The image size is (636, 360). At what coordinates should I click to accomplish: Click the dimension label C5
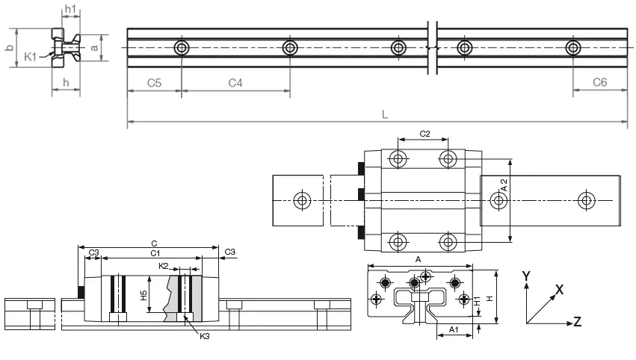pyautogui.click(x=153, y=83)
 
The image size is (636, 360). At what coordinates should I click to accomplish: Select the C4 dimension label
pyautogui.click(x=235, y=83)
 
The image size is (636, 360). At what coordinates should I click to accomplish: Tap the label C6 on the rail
pyautogui.click(x=599, y=83)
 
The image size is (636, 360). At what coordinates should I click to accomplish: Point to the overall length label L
pyautogui.click(x=384, y=115)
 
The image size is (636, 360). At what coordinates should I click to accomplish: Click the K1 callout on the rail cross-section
pyautogui.click(x=31, y=56)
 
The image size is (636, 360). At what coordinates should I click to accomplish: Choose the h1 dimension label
pyautogui.click(x=70, y=9)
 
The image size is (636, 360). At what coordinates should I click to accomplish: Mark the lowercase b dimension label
pyautogui.click(x=9, y=49)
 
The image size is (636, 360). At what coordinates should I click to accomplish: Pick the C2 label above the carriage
pyautogui.click(x=424, y=134)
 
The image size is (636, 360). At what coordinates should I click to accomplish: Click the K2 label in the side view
pyautogui.click(x=164, y=265)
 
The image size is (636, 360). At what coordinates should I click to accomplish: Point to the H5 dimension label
pyautogui.click(x=143, y=296)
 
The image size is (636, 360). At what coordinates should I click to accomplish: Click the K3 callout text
pyautogui.click(x=205, y=337)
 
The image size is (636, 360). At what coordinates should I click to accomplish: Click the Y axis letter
pyautogui.click(x=526, y=276)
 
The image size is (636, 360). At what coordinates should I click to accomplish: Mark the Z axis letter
pyautogui.click(x=577, y=322)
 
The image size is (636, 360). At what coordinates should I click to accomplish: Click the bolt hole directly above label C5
pyautogui.click(x=182, y=49)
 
